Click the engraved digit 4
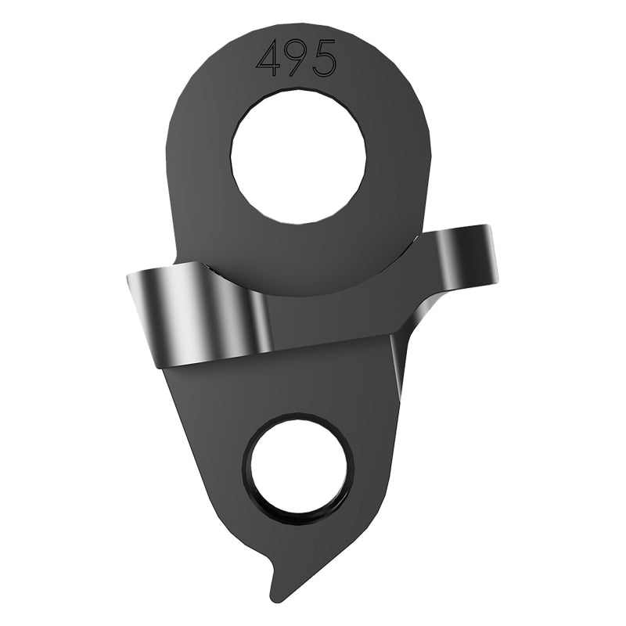(270, 60)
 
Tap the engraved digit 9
(297, 59)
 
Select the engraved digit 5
(322, 59)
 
